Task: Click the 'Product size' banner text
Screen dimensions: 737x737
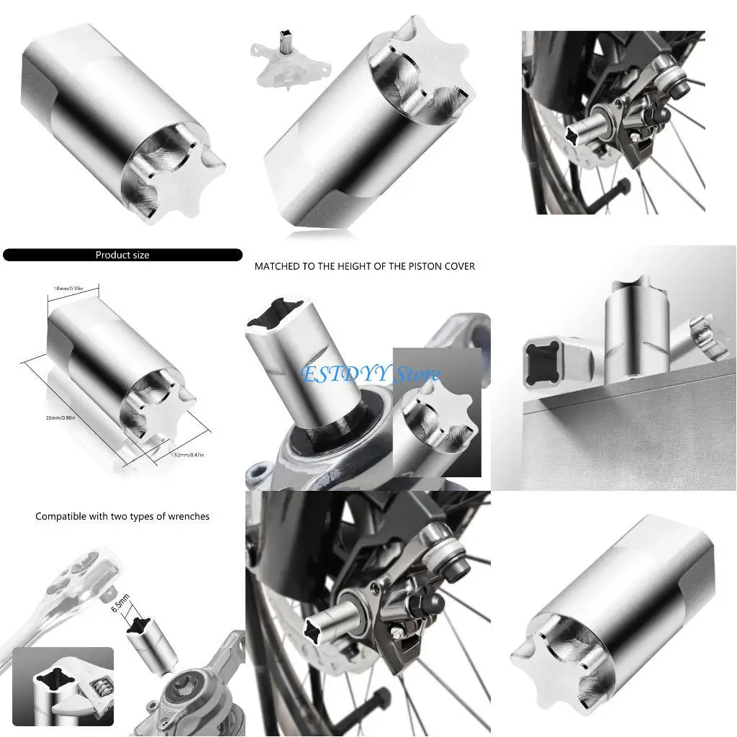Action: point(122,255)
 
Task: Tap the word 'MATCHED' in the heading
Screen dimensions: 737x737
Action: point(277,266)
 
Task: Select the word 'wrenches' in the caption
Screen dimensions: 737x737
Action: point(189,516)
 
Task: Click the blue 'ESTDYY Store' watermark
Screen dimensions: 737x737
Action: point(371,374)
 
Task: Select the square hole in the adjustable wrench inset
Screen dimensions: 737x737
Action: point(56,679)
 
